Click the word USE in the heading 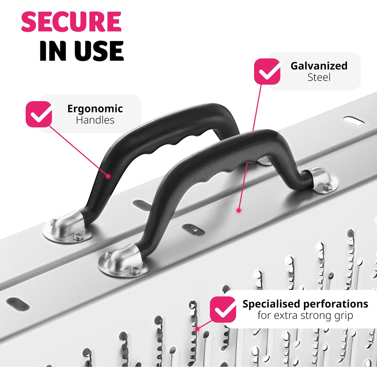click(x=99, y=51)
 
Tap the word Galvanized click(x=319, y=66)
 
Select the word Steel click(x=319, y=77)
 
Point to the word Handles click(x=95, y=120)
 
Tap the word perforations click(x=336, y=305)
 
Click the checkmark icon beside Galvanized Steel click(x=267, y=71)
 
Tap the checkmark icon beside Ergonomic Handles click(x=39, y=114)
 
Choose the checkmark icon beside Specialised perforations click(x=223, y=310)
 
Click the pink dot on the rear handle click(x=108, y=176)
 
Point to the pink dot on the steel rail click(x=239, y=210)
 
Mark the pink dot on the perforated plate click(x=197, y=329)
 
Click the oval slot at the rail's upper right click(x=354, y=121)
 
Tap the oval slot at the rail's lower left click(x=18, y=304)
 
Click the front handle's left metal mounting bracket click(x=123, y=261)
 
